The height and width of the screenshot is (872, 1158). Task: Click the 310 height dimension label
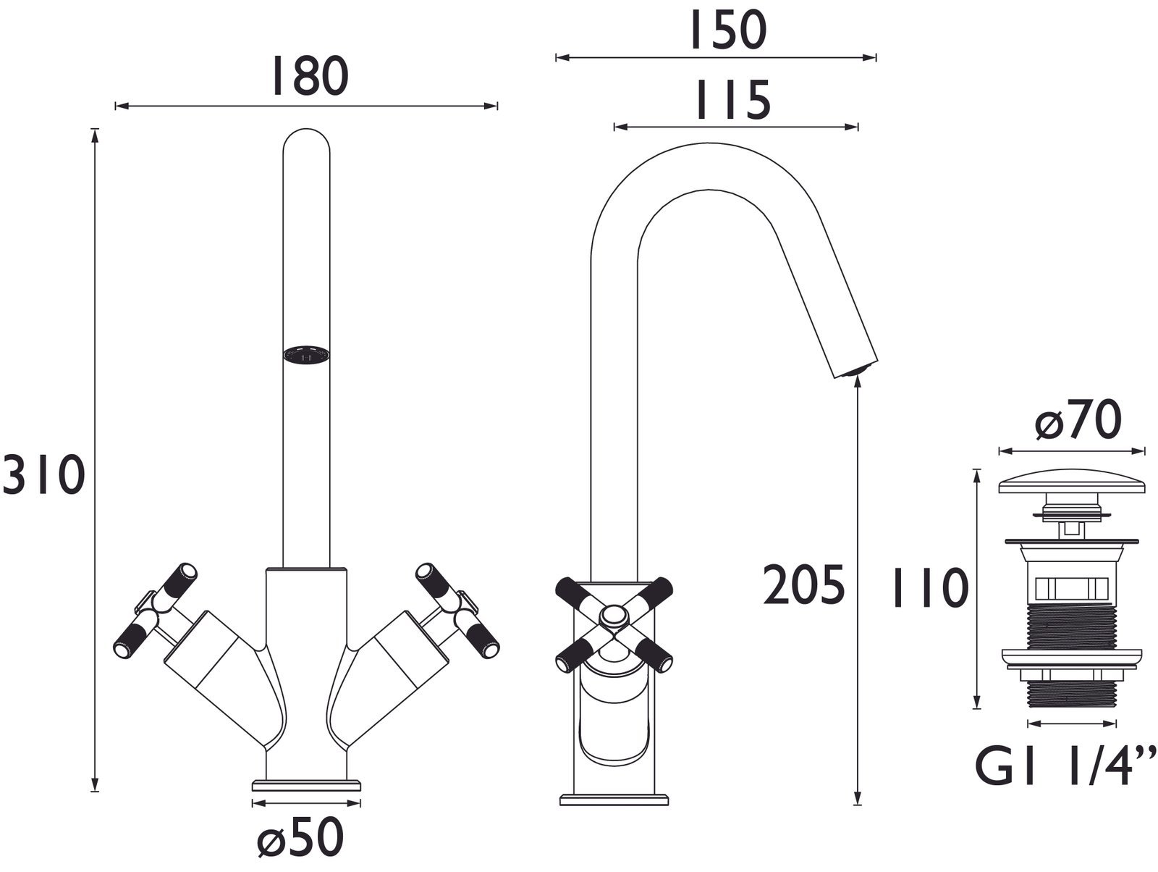[43, 476]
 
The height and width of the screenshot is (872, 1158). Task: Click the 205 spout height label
[804, 585]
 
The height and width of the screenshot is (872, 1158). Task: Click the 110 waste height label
[929, 588]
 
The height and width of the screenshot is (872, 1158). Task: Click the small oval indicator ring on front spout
[307, 354]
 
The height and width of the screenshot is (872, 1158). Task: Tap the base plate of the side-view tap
[614, 800]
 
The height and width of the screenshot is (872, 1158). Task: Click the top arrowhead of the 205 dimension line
[858, 387]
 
